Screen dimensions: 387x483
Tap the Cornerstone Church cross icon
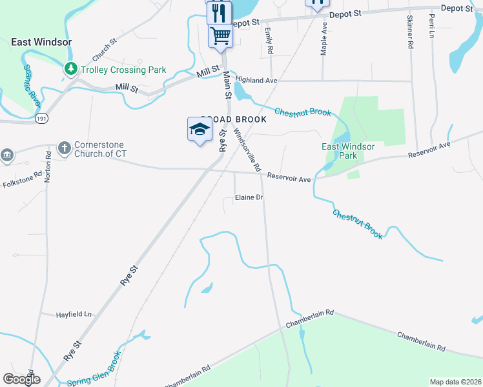tap(64, 148)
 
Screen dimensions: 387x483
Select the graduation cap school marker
tap(200, 130)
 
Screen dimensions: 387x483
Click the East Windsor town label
tap(41, 42)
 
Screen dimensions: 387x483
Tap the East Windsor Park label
tap(348, 151)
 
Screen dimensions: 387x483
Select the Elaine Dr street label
tap(249, 197)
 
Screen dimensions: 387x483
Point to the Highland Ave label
tap(256, 80)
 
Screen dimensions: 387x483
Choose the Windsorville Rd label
tap(247, 150)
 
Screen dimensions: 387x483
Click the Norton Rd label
tap(48, 167)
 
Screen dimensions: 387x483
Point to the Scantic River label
tap(32, 86)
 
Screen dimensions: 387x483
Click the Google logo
tap(21, 379)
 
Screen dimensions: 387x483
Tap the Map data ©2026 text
tap(455, 382)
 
